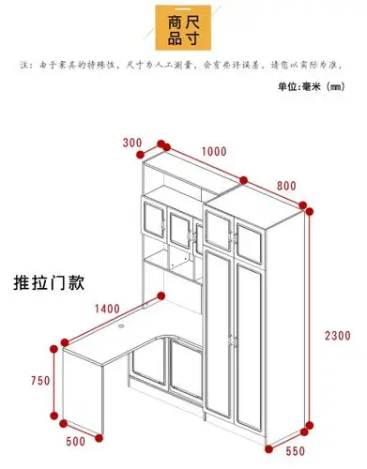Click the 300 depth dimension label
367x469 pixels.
tap(131, 144)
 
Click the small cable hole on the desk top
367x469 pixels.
tap(124, 328)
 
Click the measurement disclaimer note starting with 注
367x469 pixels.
tap(183, 67)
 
